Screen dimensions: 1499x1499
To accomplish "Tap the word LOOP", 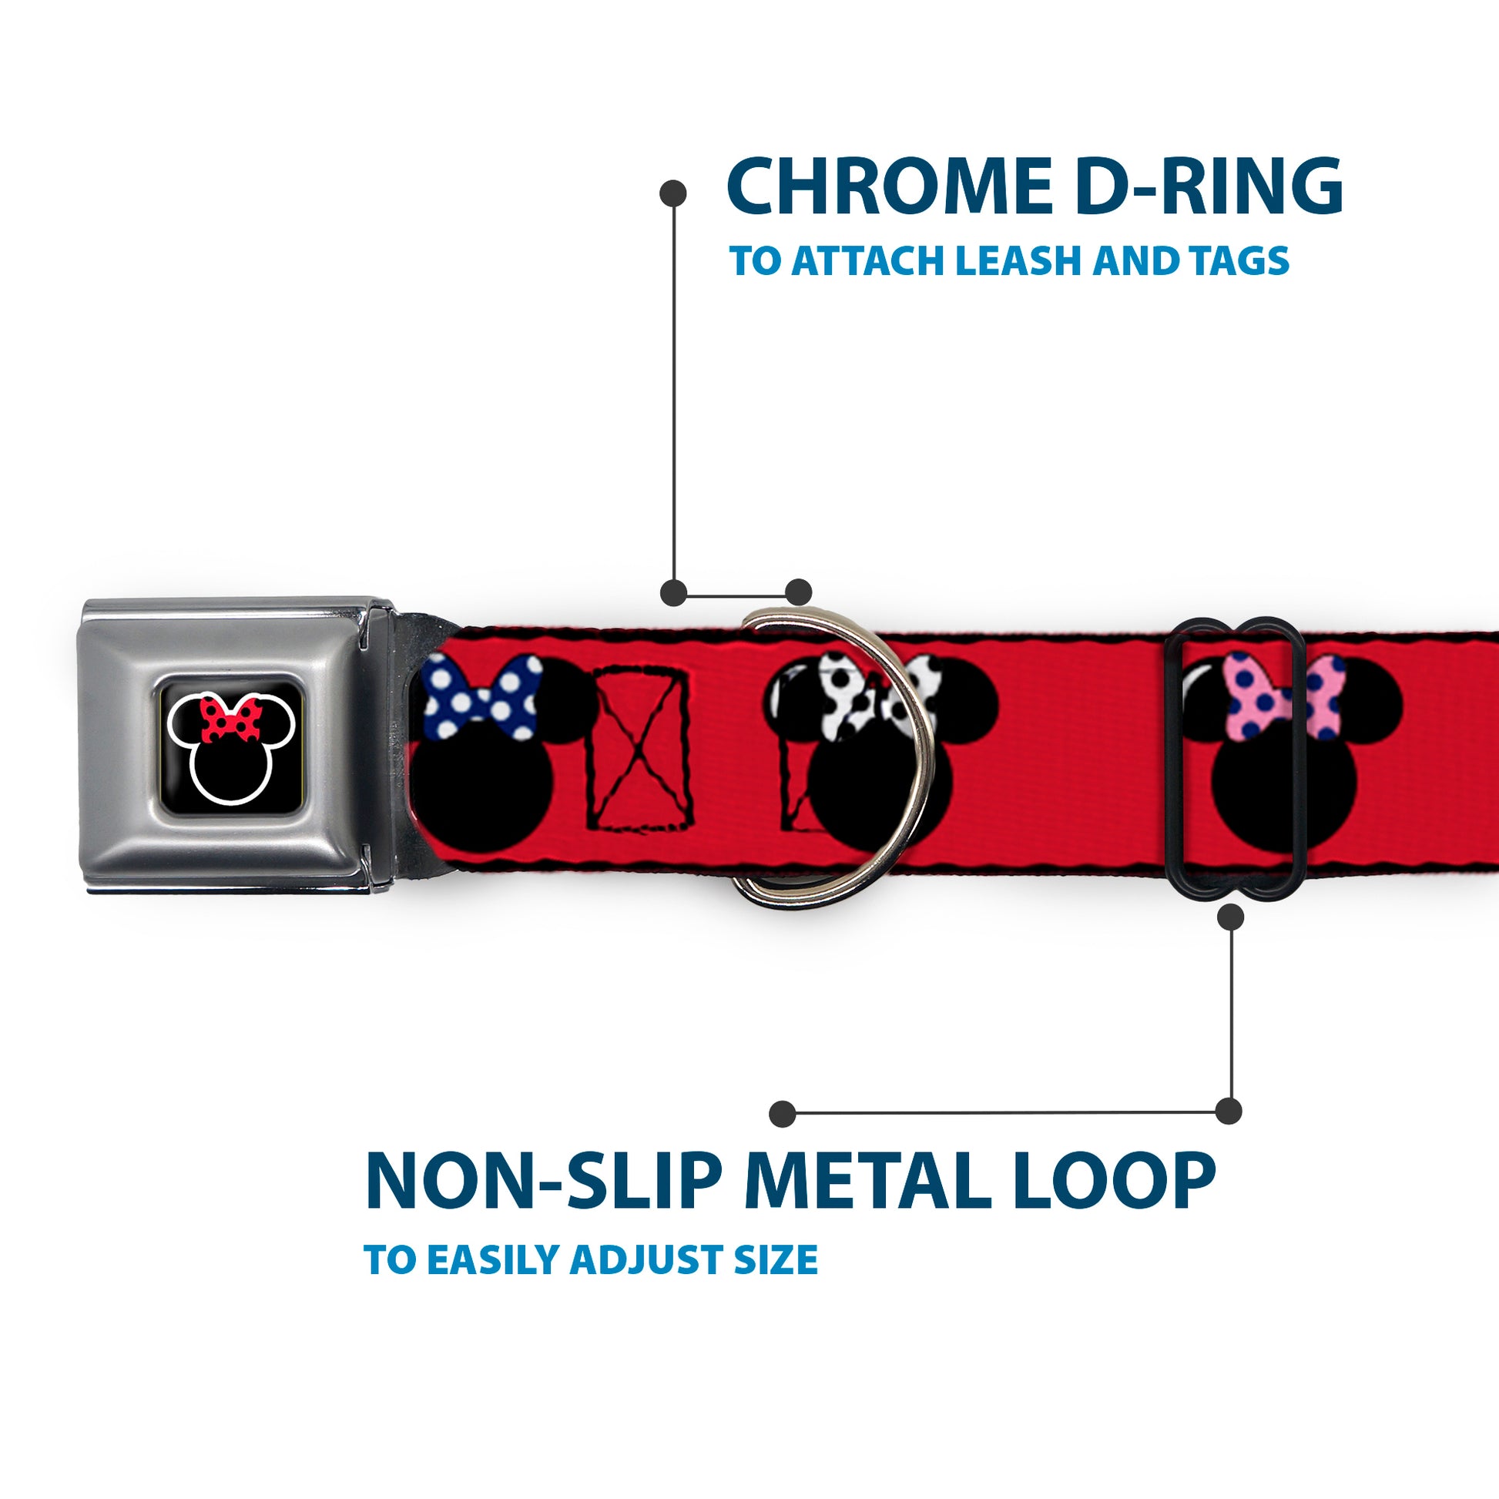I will (1116, 1182).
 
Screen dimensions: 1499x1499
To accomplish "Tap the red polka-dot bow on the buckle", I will (231, 719).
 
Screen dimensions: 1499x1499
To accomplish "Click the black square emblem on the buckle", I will (230, 743).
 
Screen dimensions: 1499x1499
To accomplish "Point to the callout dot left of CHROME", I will (672, 193).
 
